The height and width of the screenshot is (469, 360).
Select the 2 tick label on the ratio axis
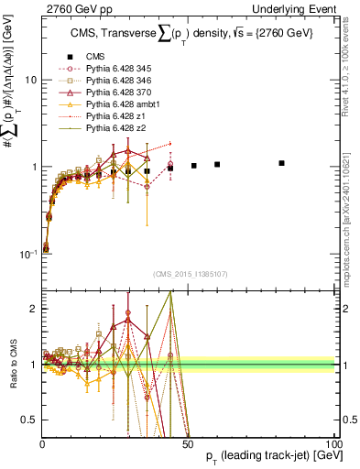pyautogui.click(x=32, y=309)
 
